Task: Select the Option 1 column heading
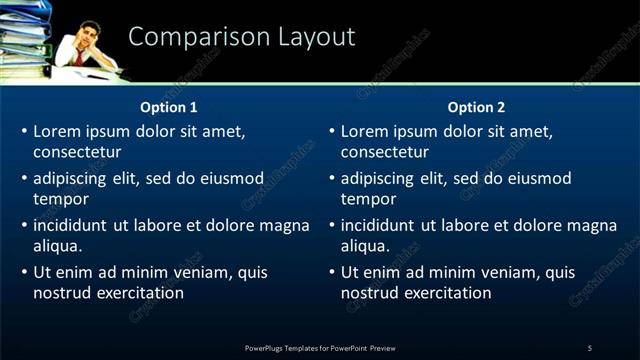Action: tap(169, 107)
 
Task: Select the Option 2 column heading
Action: tap(476, 107)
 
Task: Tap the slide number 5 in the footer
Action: tap(590, 347)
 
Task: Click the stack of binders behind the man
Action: tap(25, 35)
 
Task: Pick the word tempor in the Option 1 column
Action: tap(61, 200)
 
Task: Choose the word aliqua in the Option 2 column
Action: tap(364, 247)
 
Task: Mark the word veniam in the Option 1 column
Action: tap(206, 272)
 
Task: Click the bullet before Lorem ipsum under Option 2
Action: tap(330, 131)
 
